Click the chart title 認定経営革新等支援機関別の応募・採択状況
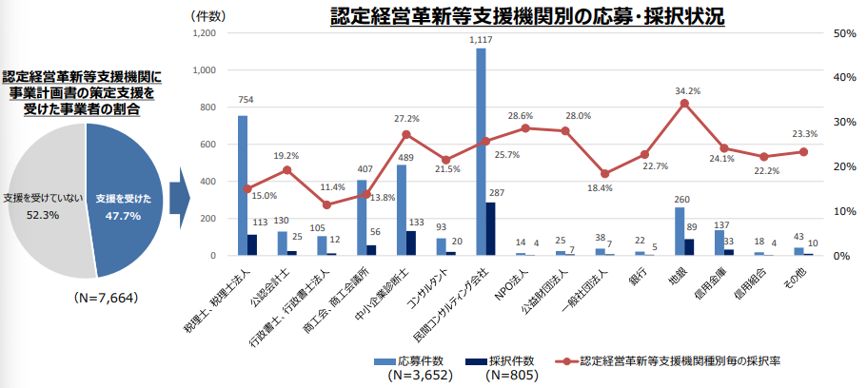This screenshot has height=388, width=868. [x=527, y=16]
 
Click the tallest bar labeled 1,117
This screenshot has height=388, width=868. [x=481, y=152]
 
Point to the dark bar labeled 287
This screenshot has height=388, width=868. [x=490, y=229]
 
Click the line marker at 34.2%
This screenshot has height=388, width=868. [x=684, y=103]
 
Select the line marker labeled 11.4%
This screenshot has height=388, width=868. [x=326, y=204]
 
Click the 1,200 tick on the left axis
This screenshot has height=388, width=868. [x=205, y=33]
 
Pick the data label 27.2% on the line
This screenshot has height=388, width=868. [x=406, y=119]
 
